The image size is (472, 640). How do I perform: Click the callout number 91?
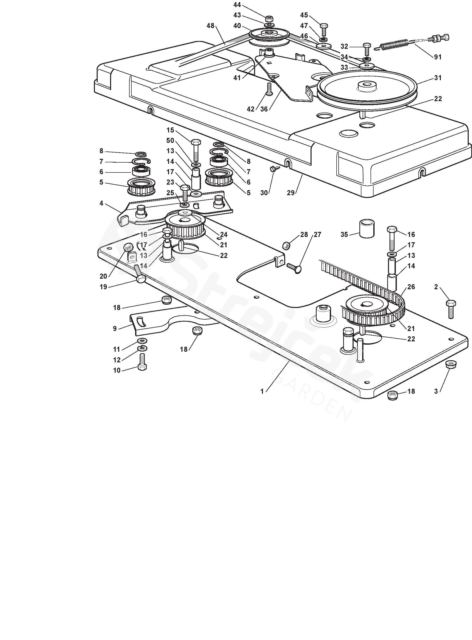tap(438, 57)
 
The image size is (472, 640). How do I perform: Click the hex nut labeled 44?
tap(269, 19)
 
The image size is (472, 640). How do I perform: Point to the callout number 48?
tap(210, 26)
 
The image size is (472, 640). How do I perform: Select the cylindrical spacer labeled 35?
tap(366, 228)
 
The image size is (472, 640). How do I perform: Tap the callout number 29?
tap(291, 193)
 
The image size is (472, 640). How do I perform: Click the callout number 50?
tap(170, 140)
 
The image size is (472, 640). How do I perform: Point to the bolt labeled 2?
tap(451, 308)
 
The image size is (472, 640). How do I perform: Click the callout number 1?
tap(262, 391)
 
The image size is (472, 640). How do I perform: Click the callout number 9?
tap(115, 328)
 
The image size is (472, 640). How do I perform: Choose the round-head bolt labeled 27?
tap(295, 268)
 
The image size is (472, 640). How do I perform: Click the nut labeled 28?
tap(286, 245)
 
